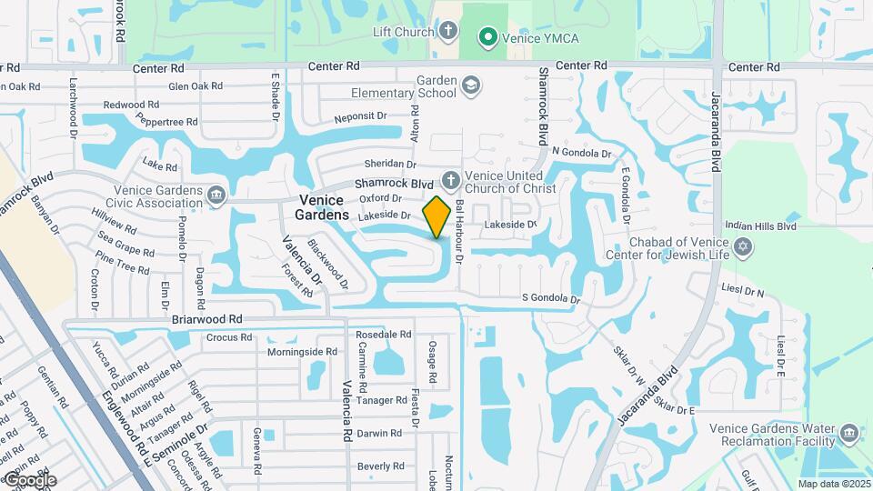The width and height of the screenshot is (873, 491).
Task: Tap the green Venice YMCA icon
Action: pyautogui.click(x=487, y=37)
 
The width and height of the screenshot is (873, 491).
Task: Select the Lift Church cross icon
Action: pyautogui.click(x=447, y=32)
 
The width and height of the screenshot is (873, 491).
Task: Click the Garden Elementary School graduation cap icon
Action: pyautogui.click(x=470, y=86)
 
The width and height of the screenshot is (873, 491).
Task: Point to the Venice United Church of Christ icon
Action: pyautogui.click(x=449, y=180)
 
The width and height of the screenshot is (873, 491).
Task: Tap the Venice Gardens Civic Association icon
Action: pyautogui.click(x=216, y=195)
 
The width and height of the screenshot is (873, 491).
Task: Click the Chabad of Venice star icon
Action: pyautogui.click(x=743, y=247)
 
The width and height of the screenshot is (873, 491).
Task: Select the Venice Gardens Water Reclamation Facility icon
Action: pyautogui.click(x=849, y=433)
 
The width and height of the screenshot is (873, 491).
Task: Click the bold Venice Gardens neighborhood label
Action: pyautogui.click(x=322, y=207)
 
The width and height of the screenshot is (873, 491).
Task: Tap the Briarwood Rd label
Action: pyautogui.click(x=207, y=320)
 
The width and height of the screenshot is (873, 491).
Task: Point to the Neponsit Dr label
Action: pyautogui.click(x=360, y=117)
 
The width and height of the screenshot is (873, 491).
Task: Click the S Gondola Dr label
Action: pyautogui.click(x=550, y=298)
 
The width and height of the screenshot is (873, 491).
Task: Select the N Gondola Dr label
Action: pyautogui.click(x=582, y=152)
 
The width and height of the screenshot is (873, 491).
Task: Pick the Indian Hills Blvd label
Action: pyautogui.click(x=761, y=226)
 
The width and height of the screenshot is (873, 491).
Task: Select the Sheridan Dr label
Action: pyautogui.click(x=389, y=165)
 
